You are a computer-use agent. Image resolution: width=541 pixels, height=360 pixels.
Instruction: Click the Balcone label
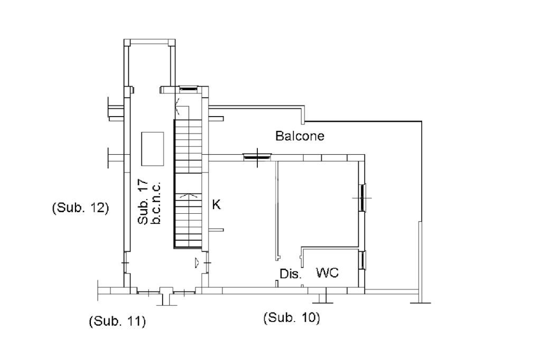pyautogui.click(x=300, y=136)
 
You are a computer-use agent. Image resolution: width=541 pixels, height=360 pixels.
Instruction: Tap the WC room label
pyautogui.click(x=327, y=273)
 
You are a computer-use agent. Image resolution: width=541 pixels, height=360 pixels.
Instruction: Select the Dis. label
pyautogui.click(x=290, y=274)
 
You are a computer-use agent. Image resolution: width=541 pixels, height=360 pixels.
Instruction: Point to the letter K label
pyautogui.click(x=216, y=205)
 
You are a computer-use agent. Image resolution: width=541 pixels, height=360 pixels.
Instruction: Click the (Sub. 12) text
pyautogui.click(x=80, y=207)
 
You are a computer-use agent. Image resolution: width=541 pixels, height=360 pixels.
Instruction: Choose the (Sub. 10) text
pyautogui.click(x=291, y=318)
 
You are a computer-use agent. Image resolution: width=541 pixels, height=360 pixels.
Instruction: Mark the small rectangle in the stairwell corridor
pyautogui.click(x=152, y=148)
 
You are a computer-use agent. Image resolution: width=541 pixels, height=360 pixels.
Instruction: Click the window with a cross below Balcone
pyautogui.click(x=257, y=156)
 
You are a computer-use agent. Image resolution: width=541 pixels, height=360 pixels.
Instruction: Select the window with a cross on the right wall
pyautogui.click(x=362, y=198)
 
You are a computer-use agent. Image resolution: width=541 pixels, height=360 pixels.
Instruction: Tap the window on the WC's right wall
pyautogui.click(x=362, y=261)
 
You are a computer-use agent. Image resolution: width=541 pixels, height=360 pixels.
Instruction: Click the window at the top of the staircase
pyautogui.click(x=187, y=89)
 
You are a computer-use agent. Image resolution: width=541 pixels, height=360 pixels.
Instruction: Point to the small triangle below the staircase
pyautogui.click(x=197, y=261)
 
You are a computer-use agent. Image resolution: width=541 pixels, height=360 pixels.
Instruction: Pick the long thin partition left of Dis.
pyautogui.click(x=277, y=211)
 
